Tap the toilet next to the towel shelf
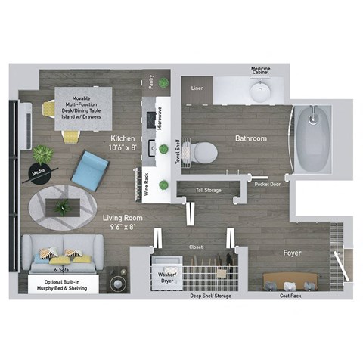[203, 153]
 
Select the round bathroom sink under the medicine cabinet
[259, 92]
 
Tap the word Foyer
[292, 252]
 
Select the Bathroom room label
[250, 138]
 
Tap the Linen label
[197, 88]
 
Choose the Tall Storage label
[208, 190]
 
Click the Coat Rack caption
[290, 296]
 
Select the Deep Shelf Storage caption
[210, 296]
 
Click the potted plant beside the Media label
[43, 154]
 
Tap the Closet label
[196, 247]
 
